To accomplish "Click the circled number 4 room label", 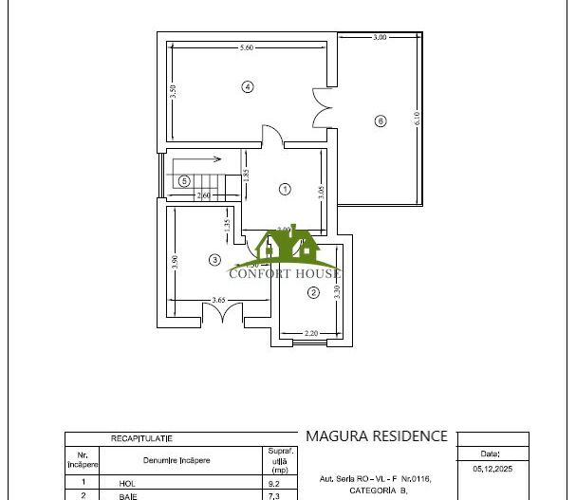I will (x=247, y=86).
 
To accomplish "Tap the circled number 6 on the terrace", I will (x=381, y=120).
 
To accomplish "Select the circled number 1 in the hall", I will (x=285, y=189).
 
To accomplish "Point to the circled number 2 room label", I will (x=313, y=293).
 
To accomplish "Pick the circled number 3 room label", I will (x=215, y=259).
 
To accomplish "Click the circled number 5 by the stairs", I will (x=184, y=181).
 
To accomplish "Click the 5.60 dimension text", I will (x=247, y=47).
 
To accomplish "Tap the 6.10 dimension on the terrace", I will (x=416, y=120).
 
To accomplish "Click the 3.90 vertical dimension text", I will (x=176, y=264).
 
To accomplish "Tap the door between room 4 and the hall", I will (x=270, y=138).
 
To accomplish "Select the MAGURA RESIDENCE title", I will (x=376, y=436).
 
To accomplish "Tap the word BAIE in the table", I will (x=127, y=495).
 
